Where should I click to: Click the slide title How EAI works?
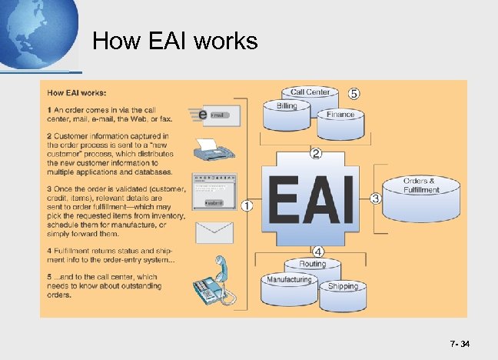(175, 40)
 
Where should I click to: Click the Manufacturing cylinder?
(289, 284)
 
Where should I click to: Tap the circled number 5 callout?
(354, 93)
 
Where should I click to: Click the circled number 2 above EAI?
(315, 154)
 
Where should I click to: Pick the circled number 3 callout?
(376, 198)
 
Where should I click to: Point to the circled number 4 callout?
(317, 250)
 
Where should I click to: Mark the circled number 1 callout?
(247, 205)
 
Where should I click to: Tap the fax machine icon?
(215, 151)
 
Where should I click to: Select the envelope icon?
(215, 231)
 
